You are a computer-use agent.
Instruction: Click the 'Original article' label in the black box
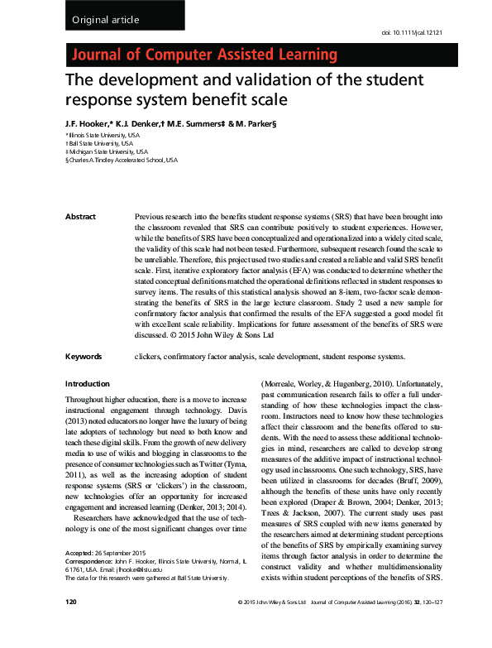coord(106,19)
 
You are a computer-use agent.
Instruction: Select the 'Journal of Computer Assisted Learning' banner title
coord(206,56)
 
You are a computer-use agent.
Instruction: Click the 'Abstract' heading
coord(81,217)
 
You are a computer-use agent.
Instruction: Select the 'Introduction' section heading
coord(87,384)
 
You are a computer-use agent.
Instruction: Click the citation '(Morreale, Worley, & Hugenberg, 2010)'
coord(331,384)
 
